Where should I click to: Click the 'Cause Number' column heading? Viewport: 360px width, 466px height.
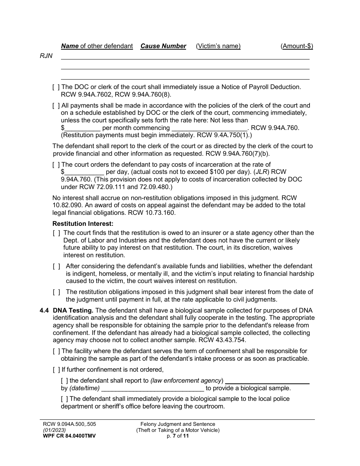tap(163, 46)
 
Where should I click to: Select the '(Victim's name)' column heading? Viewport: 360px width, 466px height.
tap(218, 46)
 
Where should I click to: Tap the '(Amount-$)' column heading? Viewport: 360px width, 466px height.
tap(297, 46)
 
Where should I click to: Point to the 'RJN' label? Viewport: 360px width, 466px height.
tap(46, 56)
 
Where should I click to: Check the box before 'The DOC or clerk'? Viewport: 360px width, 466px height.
tap(56, 87)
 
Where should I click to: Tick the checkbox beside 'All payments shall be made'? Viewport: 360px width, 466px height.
tap(56, 105)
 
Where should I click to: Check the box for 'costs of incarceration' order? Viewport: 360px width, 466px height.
tap(56, 164)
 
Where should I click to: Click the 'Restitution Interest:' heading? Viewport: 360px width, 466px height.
tap(83, 224)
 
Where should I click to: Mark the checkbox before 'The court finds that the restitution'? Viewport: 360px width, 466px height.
tap(56, 233)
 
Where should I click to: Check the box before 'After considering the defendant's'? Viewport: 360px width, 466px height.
tap(56, 266)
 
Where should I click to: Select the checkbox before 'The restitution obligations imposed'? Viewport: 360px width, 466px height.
tap(56, 292)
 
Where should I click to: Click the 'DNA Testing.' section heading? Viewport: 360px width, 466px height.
tap(73, 310)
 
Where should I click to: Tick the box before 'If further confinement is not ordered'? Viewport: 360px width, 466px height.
tap(56, 369)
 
